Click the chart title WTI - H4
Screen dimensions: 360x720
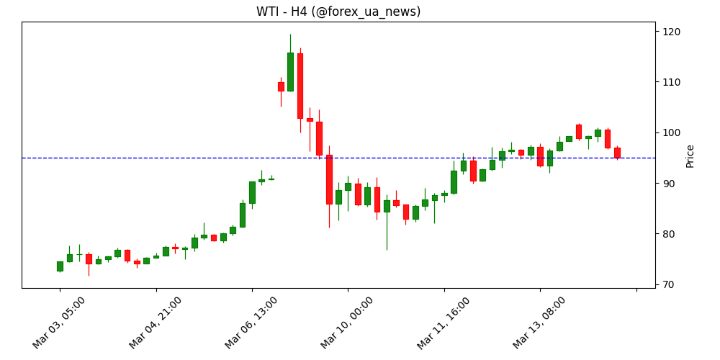pyautogui.click(x=338, y=12)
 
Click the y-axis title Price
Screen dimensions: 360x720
pyautogui.click(x=690, y=156)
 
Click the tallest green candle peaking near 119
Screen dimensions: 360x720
pyautogui.click(x=290, y=72)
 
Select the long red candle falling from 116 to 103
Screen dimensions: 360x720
pyautogui.click(x=300, y=86)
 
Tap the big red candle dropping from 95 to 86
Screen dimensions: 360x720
pyautogui.click(x=329, y=179)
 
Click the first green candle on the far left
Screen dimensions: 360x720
pyautogui.click(x=60, y=266)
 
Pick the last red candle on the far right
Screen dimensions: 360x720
pyautogui.click(x=617, y=153)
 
